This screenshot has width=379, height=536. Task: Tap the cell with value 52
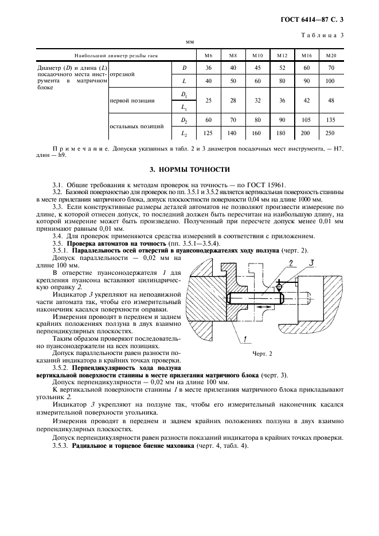click(x=282, y=68)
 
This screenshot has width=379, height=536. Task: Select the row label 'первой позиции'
click(x=131, y=100)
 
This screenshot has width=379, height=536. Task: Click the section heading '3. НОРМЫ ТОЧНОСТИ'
click(x=189, y=170)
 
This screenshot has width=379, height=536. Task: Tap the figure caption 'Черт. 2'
click(x=262, y=353)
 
